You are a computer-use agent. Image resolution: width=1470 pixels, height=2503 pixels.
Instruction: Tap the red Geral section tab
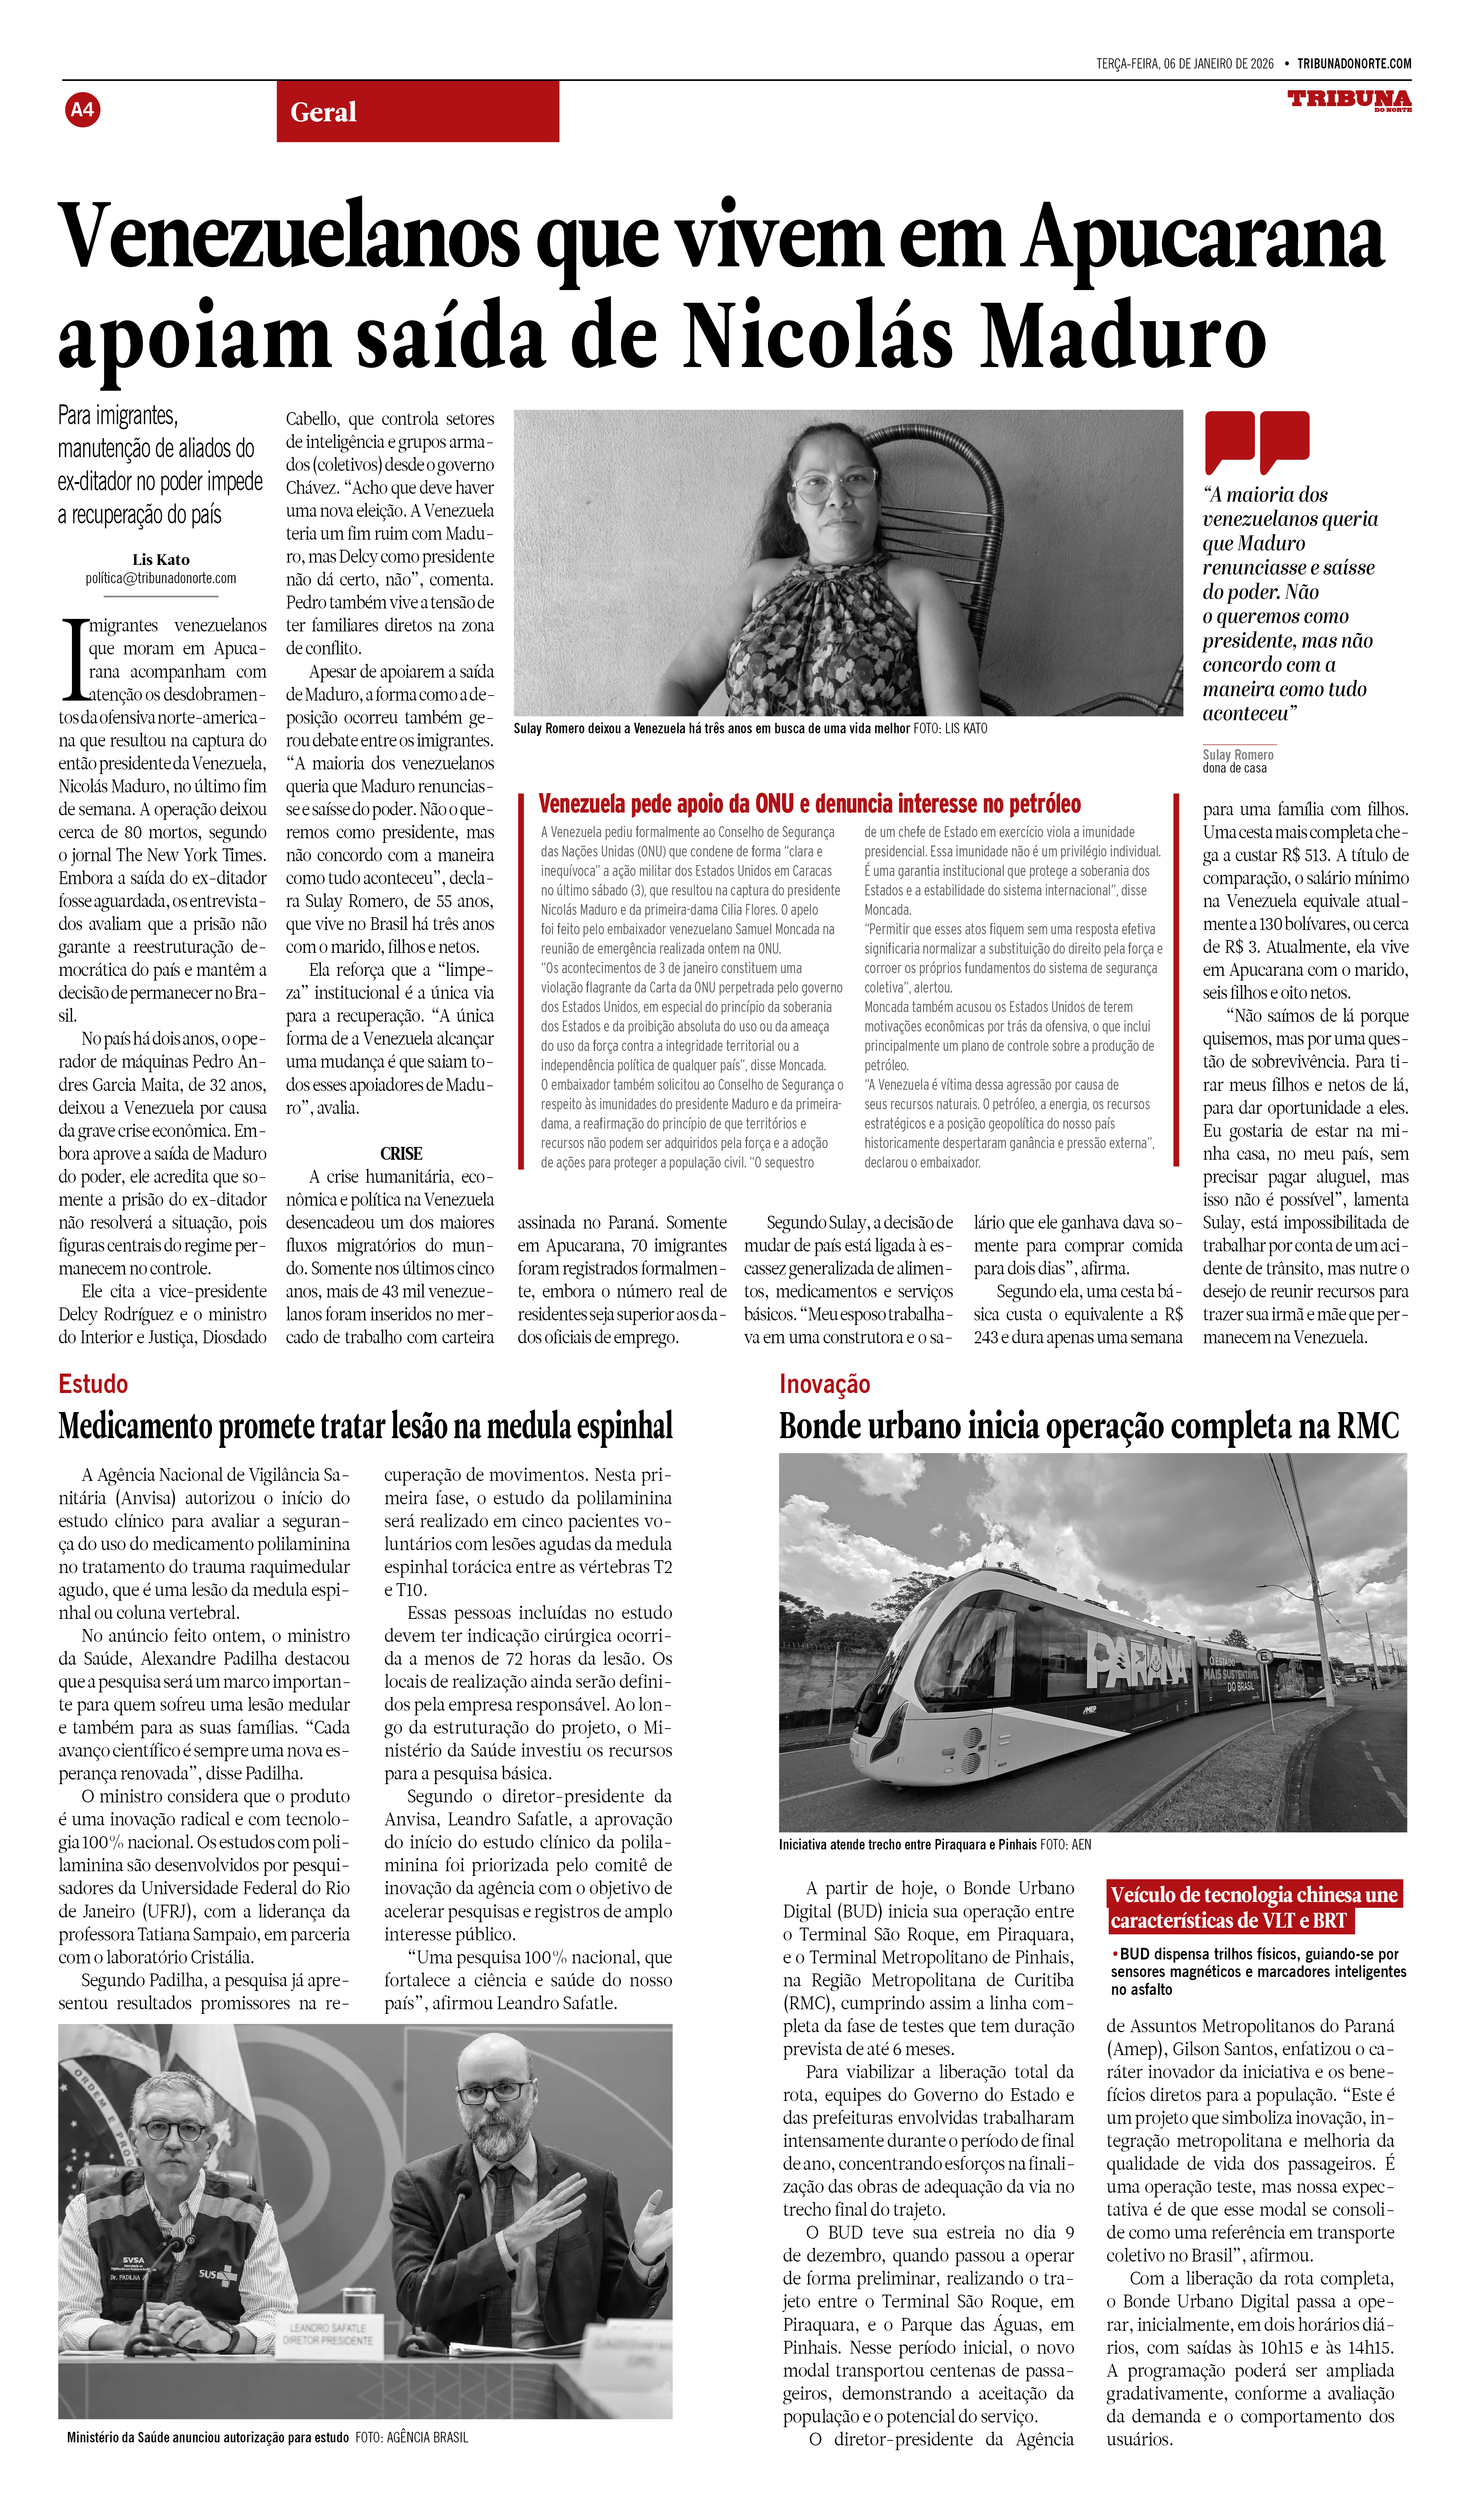(x=417, y=111)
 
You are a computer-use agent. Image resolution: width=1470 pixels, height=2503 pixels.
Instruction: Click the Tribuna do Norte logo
(x=1349, y=100)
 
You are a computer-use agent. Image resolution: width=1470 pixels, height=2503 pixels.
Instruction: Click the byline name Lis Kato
(x=161, y=559)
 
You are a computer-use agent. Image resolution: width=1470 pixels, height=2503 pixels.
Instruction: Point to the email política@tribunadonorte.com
(x=161, y=578)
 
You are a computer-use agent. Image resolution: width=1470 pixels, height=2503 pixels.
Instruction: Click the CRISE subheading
(x=401, y=1153)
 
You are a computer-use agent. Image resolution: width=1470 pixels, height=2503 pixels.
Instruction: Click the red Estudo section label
(x=93, y=1384)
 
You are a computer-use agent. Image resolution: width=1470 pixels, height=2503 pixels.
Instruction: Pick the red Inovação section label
(x=824, y=1384)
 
